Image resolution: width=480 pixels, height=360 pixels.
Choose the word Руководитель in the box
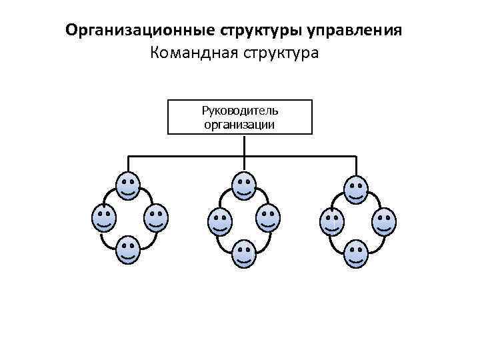click(240, 110)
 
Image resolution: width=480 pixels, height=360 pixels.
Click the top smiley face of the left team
click(128, 186)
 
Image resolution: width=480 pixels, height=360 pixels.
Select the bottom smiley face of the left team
click(128, 250)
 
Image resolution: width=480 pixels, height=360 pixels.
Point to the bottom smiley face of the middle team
click(244, 255)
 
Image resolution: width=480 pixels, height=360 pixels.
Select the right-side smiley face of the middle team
click(268, 219)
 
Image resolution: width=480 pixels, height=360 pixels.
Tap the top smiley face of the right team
click(356, 189)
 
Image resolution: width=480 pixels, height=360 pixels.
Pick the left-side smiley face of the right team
click(331, 222)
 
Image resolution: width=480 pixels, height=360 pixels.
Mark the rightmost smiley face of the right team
click(383, 221)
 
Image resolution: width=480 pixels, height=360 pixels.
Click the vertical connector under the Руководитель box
click(245, 145)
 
